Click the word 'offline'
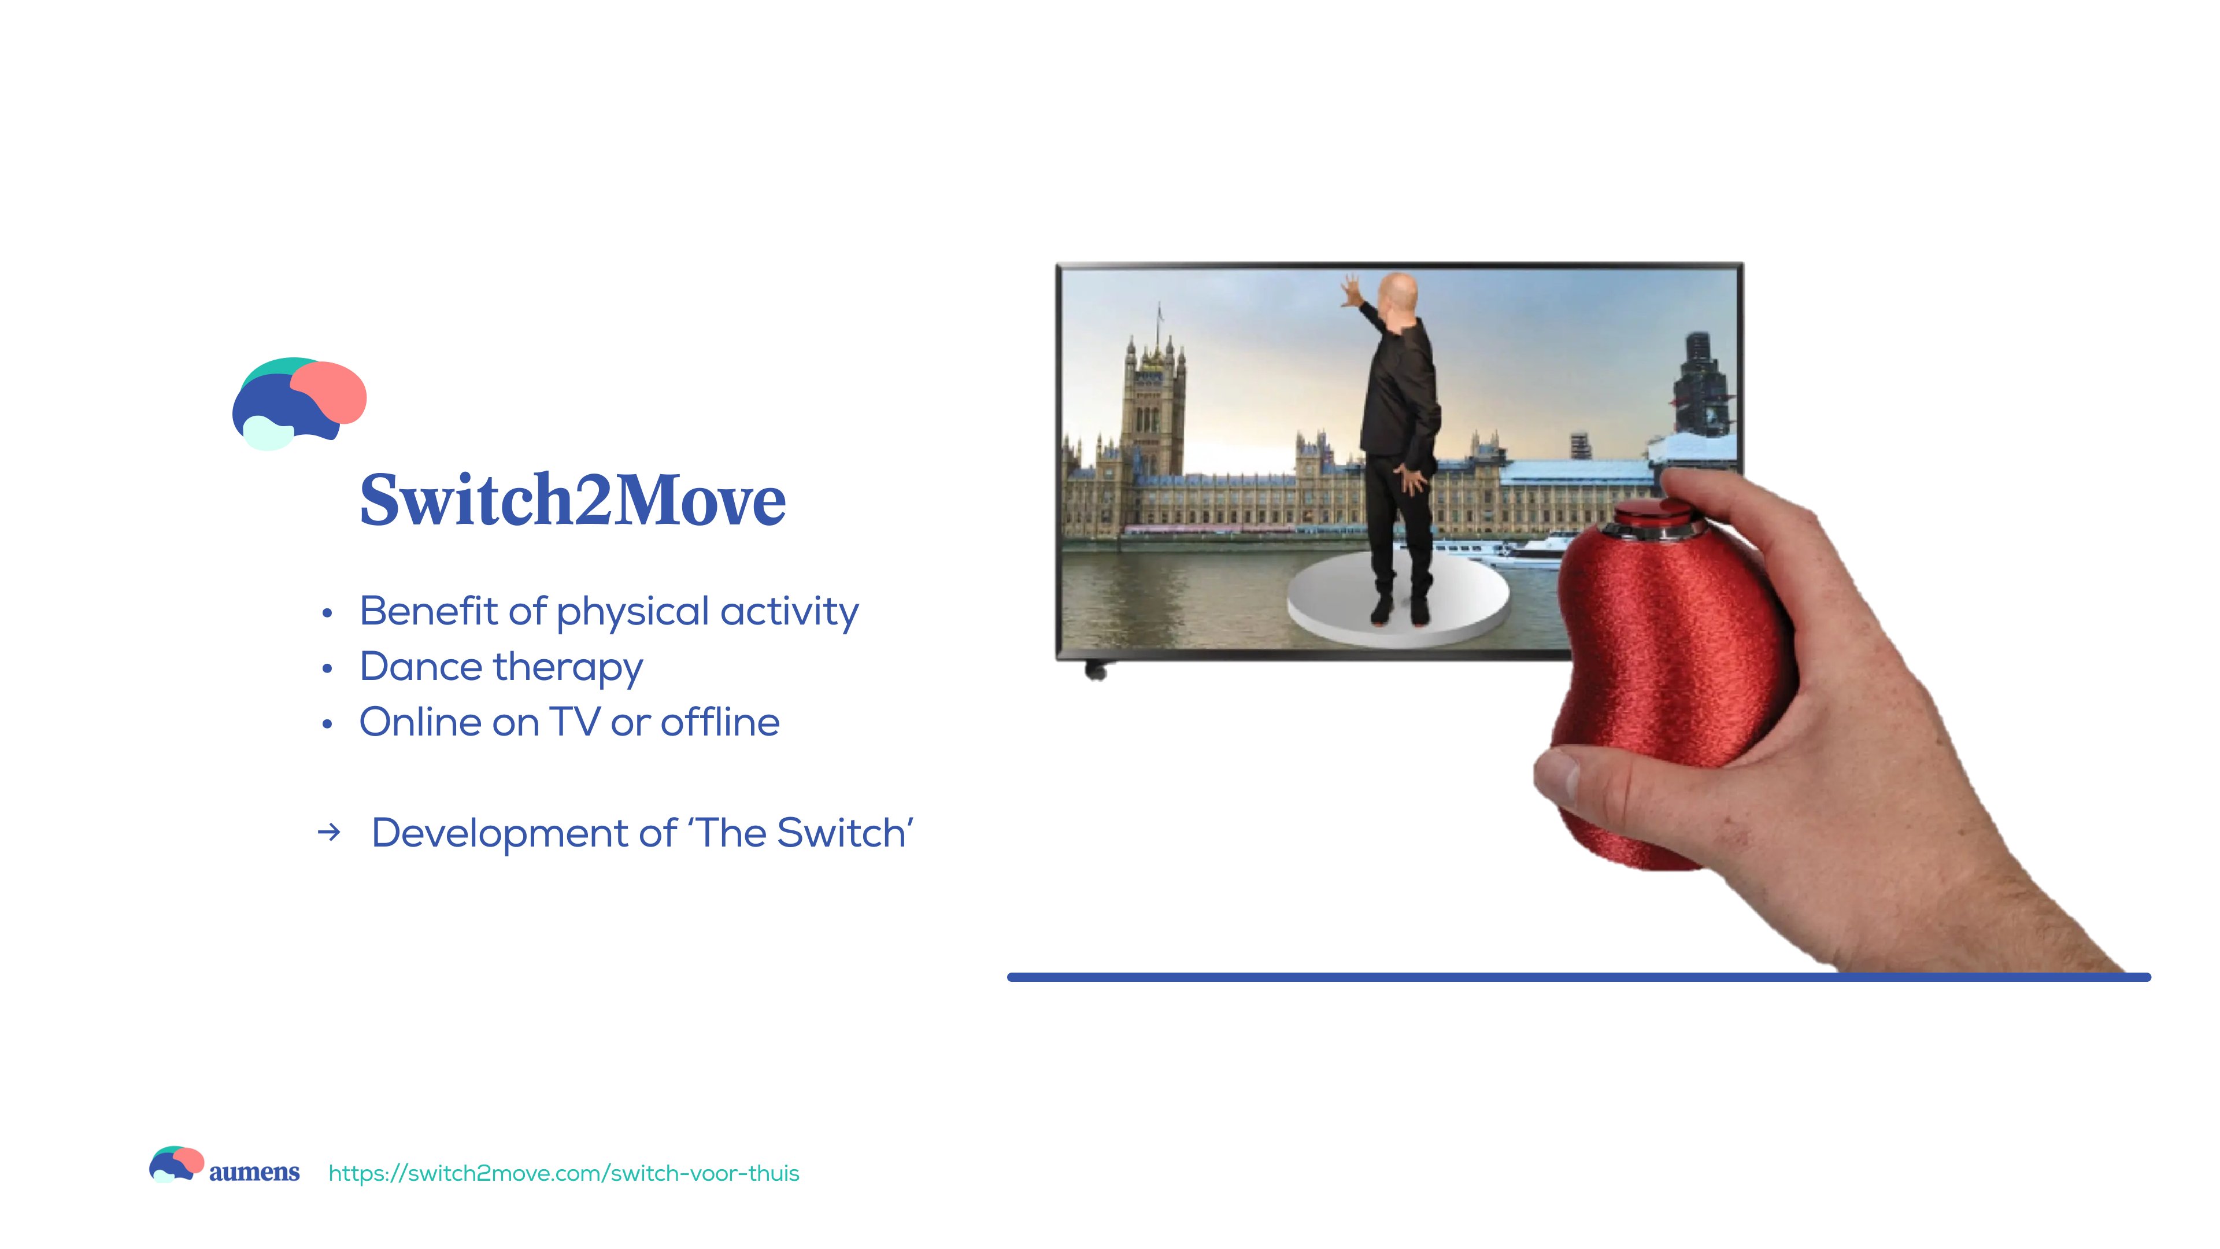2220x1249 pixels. click(720, 722)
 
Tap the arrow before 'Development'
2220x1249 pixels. click(328, 833)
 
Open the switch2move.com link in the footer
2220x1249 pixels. click(564, 1173)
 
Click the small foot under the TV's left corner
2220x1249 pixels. click(1096, 671)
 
